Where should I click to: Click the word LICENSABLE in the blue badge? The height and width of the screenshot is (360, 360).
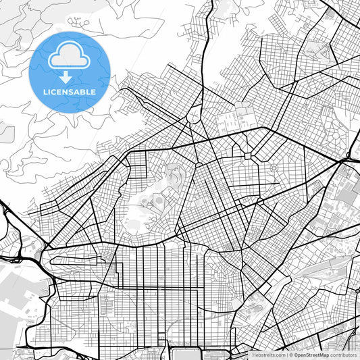(x=70, y=91)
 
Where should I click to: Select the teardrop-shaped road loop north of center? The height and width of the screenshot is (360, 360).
(x=194, y=115)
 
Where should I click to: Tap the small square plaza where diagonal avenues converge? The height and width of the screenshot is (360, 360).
(x=248, y=156)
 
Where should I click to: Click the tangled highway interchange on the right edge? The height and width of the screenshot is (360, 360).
(x=350, y=159)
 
